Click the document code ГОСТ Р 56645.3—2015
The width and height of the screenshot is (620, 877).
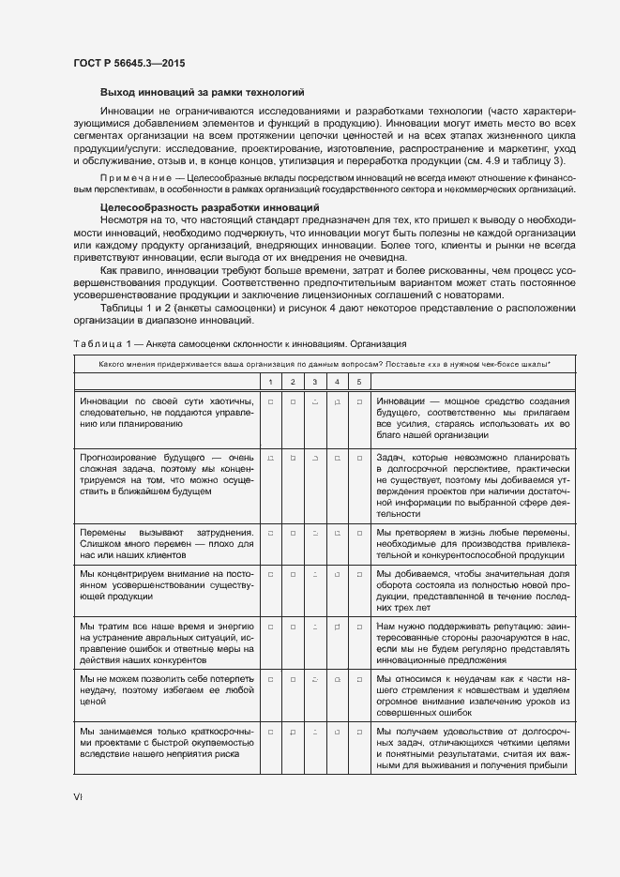click(x=129, y=64)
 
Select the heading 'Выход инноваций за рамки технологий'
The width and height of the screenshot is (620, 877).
click(x=202, y=92)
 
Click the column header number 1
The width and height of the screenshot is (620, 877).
click(x=270, y=382)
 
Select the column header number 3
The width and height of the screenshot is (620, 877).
click(x=314, y=382)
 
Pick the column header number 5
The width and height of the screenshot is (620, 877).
click(x=358, y=382)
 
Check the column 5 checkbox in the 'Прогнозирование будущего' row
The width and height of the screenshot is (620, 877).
click(x=358, y=458)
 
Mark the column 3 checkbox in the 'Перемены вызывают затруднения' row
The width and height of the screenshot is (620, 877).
click(x=314, y=533)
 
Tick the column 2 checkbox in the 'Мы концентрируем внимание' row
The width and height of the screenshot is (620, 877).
click(x=293, y=574)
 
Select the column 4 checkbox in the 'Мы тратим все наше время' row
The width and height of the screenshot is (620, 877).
click(x=337, y=627)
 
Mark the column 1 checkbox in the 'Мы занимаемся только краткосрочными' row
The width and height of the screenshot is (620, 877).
click(x=270, y=730)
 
